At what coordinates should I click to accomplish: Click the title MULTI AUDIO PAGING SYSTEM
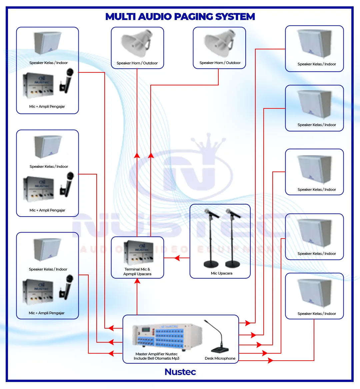pos(180,17)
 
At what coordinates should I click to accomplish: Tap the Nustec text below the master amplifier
pos(180,372)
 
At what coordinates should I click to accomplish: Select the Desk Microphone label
pos(220,358)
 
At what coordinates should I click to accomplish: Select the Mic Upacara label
pos(222,273)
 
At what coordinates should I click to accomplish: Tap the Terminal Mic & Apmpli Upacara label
pos(137,272)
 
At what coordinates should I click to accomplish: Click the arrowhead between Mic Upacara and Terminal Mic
pos(177,258)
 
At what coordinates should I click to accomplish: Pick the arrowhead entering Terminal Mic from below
pos(137,281)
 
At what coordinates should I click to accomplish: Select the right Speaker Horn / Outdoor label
pos(220,63)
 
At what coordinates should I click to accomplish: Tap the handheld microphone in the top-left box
pos(68,80)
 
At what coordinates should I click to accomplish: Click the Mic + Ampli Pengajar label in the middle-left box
pos(47,210)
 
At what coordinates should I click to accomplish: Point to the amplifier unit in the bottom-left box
pos(38,291)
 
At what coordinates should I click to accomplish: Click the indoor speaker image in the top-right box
pos(315,43)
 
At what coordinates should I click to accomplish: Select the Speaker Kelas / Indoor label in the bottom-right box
pos(317,314)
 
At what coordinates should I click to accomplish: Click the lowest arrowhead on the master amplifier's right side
pos(270,360)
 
